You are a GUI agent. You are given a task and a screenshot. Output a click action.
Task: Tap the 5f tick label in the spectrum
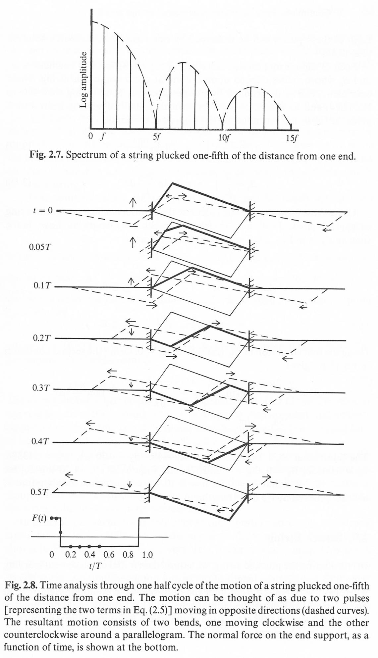tap(156, 137)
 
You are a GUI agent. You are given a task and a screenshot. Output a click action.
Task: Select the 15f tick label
tap(292, 137)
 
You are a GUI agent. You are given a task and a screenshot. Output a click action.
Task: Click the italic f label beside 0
tap(103, 137)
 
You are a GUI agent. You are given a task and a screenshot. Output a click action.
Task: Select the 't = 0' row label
tap(43, 211)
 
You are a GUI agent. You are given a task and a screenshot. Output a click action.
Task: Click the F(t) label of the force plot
tap(39, 519)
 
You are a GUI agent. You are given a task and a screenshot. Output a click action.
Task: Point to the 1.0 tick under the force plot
tap(147, 555)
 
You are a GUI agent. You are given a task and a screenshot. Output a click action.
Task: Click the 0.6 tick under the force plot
tap(109, 555)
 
